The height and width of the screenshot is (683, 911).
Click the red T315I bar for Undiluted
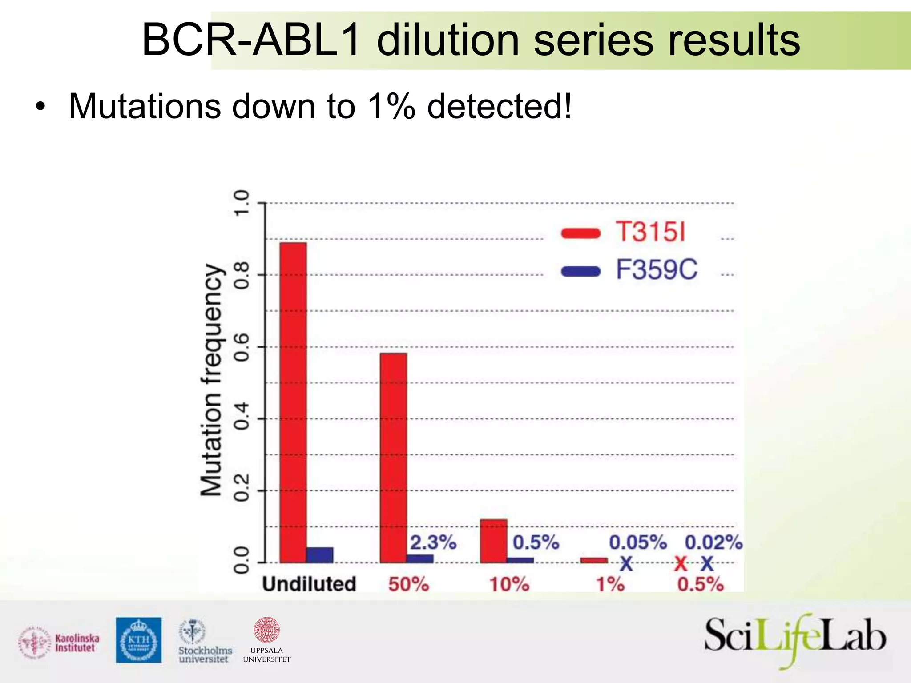(x=293, y=402)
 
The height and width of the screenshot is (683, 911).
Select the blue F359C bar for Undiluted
(x=320, y=555)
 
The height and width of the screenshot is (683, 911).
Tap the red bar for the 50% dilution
(x=393, y=458)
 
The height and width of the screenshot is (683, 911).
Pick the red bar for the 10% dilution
(x=493, y=541)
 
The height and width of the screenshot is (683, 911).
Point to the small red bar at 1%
(x=594, y=560)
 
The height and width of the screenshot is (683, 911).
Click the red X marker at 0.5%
(x=681, y=564)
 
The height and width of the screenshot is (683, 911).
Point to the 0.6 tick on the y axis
(x=242, y=347)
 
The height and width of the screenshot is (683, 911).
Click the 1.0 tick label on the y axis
(x=242, y=203)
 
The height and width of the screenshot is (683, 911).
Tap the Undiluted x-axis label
(x=309, y=584)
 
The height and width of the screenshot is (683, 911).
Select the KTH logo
(x=139, y=640)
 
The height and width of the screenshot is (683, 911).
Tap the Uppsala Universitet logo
(x=266, y=640)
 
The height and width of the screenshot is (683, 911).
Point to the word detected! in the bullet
(x=499, y=107)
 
